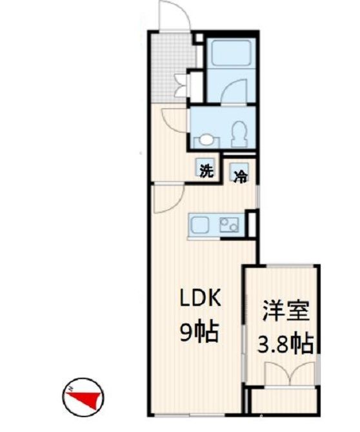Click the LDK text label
pos(201,299)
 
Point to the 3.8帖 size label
pos(285,343)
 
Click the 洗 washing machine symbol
pos(206,171)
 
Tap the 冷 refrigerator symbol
pos(239,174)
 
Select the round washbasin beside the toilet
pos(206,139)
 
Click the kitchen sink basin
pos(198,226)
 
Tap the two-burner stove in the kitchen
pos(228,225)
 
